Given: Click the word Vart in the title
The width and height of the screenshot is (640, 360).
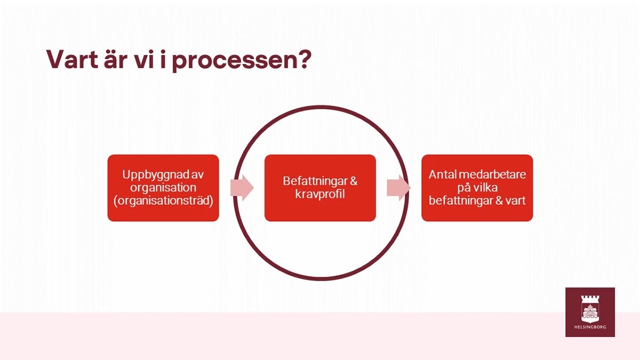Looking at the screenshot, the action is tap(73, 59).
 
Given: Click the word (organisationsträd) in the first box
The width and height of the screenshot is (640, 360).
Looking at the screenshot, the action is tap(163, 201).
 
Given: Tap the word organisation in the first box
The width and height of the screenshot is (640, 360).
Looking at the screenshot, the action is tap(163, 188).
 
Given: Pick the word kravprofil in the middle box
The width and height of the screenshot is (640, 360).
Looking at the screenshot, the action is tap(320, 194).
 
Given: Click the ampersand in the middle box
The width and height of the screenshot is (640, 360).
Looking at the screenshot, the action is tap(353, 181).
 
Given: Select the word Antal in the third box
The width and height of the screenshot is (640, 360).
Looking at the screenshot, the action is tap(441, 174).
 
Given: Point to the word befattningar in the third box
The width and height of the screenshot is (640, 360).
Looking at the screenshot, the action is tap(461, 201).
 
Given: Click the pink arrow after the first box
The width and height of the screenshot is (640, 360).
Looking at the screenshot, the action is tap(242, 188).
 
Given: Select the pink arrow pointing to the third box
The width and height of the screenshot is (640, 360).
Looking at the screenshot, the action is tap(399, 188).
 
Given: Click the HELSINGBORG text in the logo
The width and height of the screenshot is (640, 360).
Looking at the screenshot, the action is tap(590, 327).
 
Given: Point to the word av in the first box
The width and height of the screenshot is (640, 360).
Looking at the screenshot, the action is tap(197, 175).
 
